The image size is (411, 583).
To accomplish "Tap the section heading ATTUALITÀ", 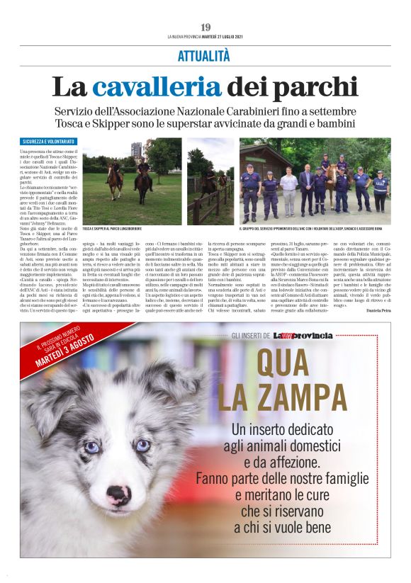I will click(204, 55).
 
